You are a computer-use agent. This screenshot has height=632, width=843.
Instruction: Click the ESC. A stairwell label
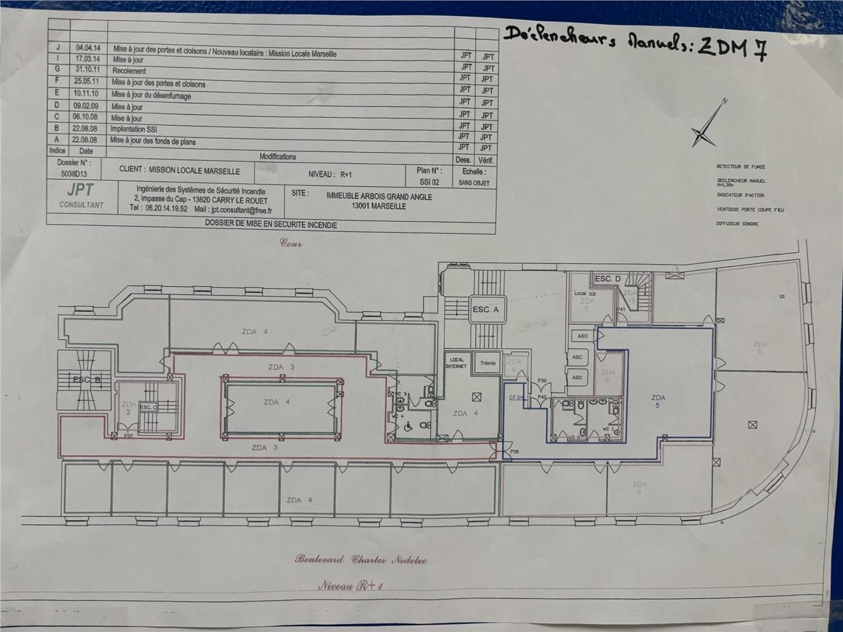pos(485,309)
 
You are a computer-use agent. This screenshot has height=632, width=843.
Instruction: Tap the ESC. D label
pos(607,279)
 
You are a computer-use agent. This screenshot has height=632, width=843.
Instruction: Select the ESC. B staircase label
pos(86,380)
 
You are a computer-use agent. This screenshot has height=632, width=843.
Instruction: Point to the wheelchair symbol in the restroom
pos(408,427)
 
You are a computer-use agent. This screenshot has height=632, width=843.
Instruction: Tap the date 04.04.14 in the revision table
pos(88,48)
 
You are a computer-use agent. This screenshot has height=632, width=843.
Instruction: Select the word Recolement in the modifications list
pos(129,71)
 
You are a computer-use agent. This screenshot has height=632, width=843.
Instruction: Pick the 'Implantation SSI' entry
pos(134,129)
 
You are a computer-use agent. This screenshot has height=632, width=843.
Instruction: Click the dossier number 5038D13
pos(72,174)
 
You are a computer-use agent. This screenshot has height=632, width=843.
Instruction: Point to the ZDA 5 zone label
pos(657,402)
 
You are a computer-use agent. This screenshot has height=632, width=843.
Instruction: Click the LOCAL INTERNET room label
pos(456,363)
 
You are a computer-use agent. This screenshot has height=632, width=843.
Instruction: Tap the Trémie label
pos(488,363)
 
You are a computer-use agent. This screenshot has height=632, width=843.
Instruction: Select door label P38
pos(514,452)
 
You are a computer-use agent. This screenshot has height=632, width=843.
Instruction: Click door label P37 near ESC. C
pos(128,436)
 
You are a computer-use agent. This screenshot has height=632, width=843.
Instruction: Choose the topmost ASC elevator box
pos(582,336)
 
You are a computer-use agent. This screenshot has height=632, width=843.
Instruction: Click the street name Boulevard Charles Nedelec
pos(361,560)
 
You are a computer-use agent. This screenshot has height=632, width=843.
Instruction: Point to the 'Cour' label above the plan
pos(291,243)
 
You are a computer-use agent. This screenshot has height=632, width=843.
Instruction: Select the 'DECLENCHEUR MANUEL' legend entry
pos(741,181)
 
